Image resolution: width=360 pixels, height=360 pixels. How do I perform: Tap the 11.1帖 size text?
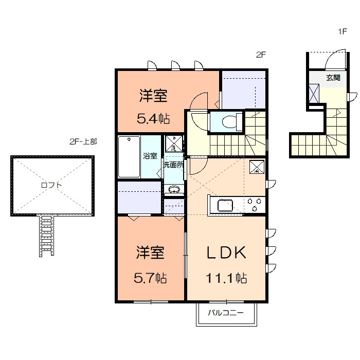click(226, 278)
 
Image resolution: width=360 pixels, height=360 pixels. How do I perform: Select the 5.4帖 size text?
click(153, 119)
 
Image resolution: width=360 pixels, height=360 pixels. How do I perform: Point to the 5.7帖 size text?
click(150, 278)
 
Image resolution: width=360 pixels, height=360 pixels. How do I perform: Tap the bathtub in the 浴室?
click(129, 156)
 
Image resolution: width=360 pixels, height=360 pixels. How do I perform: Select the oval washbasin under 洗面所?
click(174, 190)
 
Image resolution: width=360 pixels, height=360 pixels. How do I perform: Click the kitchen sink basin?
click(225, 206)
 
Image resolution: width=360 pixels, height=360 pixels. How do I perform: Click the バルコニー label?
click(225, 313)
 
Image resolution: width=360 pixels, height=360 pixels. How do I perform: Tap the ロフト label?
click(51, 185)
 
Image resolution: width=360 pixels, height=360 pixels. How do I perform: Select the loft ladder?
click(47, 235)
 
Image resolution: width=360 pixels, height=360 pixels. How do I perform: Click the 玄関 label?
click(333, 78)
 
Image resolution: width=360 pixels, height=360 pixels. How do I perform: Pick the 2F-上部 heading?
click(83, 141)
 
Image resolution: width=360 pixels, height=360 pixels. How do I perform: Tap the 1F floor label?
click(343, 31)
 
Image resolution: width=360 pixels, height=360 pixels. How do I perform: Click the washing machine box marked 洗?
click(174, 143)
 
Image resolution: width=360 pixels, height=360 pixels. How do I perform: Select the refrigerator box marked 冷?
click(257, 167)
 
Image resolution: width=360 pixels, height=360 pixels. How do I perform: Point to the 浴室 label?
click(150, 156)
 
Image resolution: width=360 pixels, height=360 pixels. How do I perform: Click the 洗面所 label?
click(174, 165)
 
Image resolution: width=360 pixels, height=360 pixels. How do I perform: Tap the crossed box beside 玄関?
click(314, 94)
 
